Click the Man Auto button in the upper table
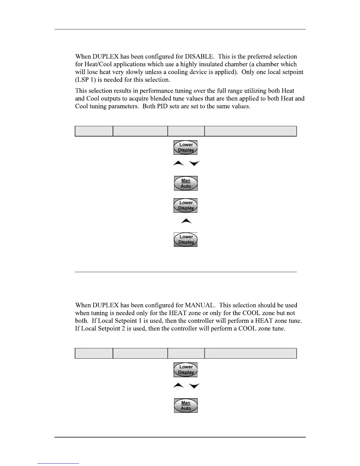point(186,183)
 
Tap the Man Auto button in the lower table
point(186,405)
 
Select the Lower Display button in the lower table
point(186,370)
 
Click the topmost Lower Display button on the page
point(186,147)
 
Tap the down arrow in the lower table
point(194,386)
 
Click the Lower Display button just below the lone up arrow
point(186,239)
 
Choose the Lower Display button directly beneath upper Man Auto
point(186,205)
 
